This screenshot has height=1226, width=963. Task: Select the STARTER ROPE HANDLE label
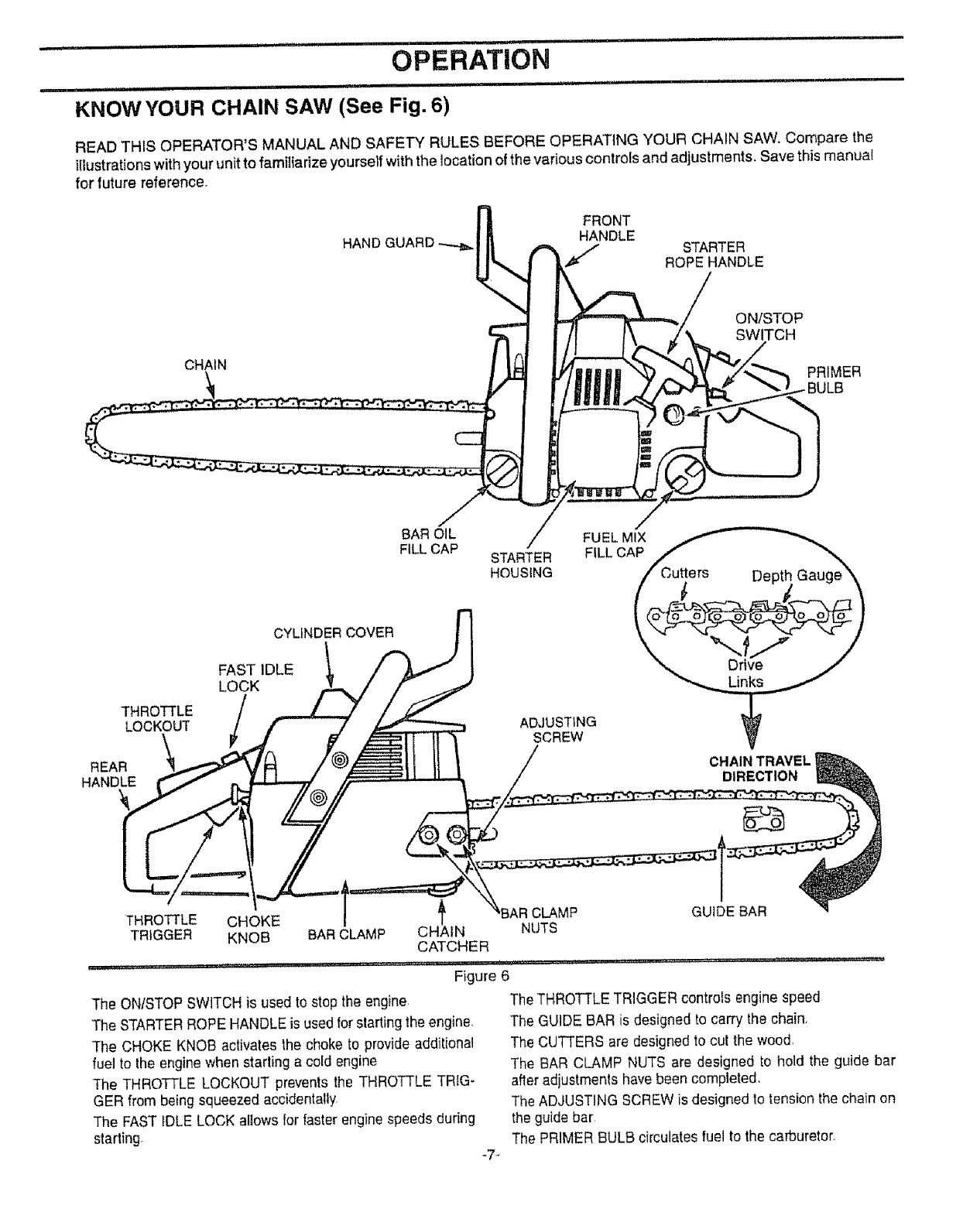tap(714, 255)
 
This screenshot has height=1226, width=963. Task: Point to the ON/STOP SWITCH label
tap(768, 327)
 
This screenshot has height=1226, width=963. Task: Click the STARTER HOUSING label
tap(521, 565)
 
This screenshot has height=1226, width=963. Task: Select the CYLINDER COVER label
tap(334, 632)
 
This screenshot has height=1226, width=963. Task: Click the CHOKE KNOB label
tap(252, 929)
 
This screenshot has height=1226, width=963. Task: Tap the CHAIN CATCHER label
tap(452, 938)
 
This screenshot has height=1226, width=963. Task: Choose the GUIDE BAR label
tap(728, 911)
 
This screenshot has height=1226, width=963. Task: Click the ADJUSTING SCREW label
tap(557, 729)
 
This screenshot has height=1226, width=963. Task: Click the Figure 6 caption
tap(481, 974)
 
